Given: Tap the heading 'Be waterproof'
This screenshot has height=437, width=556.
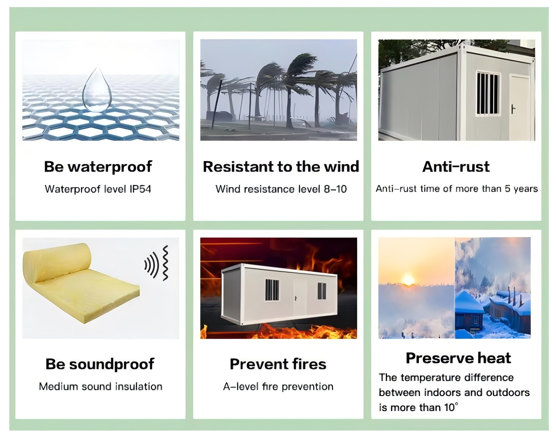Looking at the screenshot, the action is (98, 167).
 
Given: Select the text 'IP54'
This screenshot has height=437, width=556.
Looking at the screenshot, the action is (141, 189).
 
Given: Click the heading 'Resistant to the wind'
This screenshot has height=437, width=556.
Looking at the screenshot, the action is (281, 167).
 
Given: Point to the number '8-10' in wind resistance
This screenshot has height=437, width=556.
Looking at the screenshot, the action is (335, 189).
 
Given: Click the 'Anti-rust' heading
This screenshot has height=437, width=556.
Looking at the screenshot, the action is (456, 167).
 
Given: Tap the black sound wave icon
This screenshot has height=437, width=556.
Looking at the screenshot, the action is (156, 263).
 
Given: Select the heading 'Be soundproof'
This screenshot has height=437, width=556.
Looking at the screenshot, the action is (100, 364).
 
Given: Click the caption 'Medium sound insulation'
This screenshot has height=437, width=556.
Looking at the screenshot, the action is (101, 387).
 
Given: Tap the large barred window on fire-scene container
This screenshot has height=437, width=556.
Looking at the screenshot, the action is (272, 290).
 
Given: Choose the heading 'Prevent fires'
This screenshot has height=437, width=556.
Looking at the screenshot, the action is (278, 364).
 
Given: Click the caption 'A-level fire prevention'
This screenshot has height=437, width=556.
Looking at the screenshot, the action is (278, 387).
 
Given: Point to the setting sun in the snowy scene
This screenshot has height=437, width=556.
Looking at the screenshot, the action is (408, 280).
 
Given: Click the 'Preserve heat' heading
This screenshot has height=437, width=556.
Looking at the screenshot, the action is (458, 358).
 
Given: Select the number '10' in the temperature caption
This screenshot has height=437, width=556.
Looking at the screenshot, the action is (449, 407).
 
